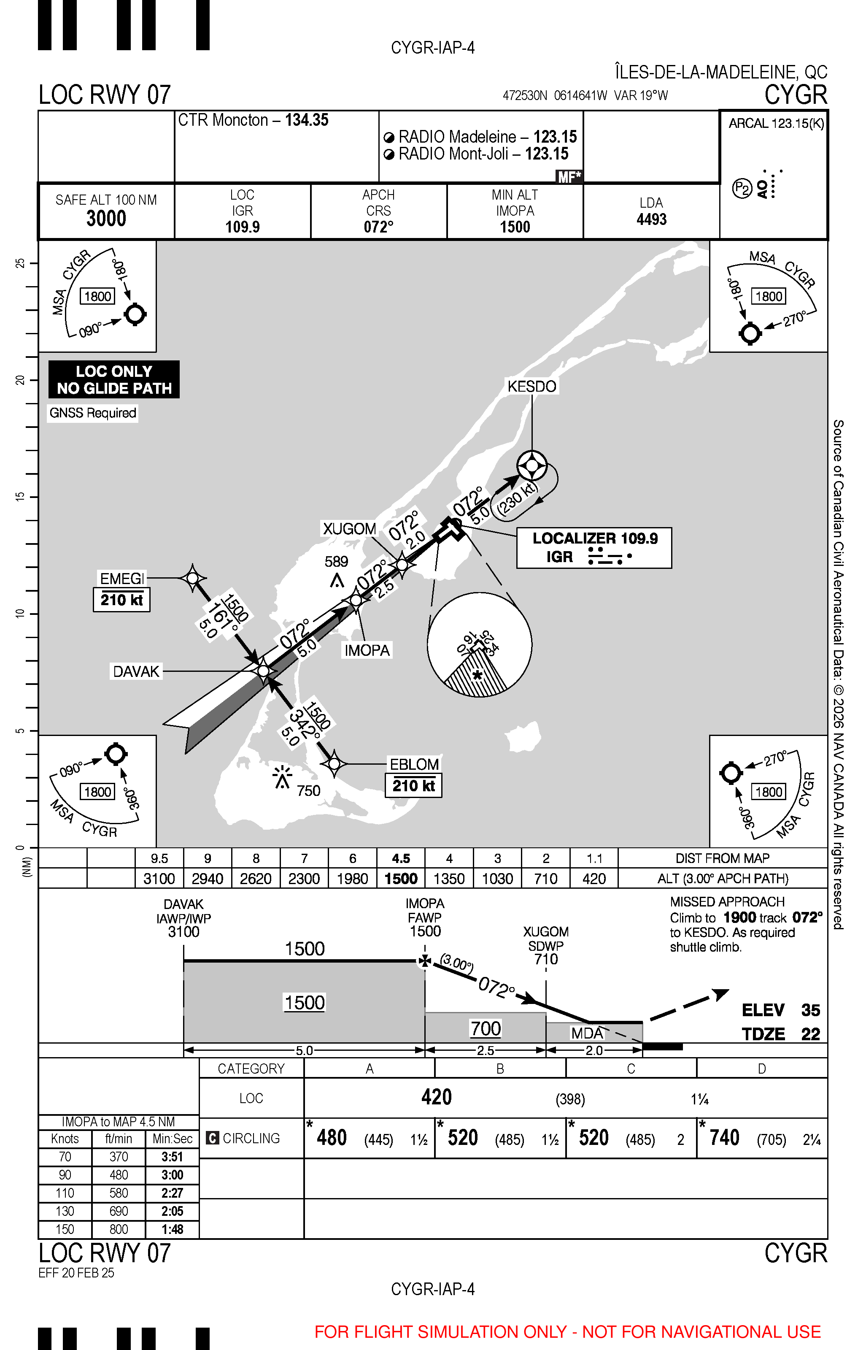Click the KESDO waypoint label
[x=531, y=387]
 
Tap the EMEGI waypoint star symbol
[x=192, y=578]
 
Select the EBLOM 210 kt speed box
[x=413, y=786]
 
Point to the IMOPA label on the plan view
[x=367, y=650]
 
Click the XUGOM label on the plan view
[x=349, y=529]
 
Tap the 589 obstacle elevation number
[x=336, y=561]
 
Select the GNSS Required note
[x=93, y=413]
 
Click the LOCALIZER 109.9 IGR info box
[x=594, y=547]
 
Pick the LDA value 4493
[x=651, y=219]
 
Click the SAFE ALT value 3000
[x=106, y=218]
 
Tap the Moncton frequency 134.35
[x=307, y=120]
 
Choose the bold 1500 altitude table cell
[x=401, y=879]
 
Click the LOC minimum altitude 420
[x=436, y=1098]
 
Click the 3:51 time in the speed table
[x=172, y=1157]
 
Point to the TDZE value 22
[x=810, y=1034]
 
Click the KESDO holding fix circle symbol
[x=531, y=466]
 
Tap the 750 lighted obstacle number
[x=308, y=791]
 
